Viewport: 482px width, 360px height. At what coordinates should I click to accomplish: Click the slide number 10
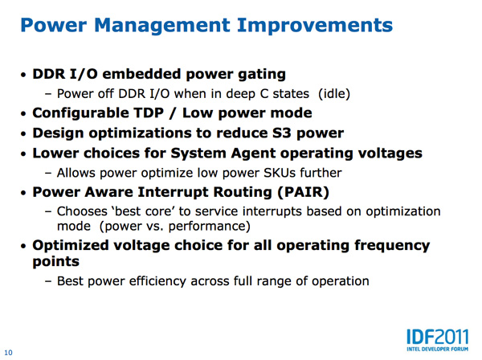pos(8,353)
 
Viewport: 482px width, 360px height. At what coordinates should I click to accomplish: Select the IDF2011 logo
pos(438,341)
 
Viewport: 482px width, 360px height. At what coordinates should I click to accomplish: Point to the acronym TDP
pos(149,112)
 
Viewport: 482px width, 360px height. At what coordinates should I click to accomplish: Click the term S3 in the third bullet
pos(282,133)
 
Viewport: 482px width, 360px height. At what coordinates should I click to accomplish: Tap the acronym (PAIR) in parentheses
pos(303,192)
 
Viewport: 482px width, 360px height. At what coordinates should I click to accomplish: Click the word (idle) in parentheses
pos(334,94)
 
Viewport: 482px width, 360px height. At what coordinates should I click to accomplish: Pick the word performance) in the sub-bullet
pos(210,227)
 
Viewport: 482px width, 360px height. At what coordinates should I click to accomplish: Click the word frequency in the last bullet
pos(392,246)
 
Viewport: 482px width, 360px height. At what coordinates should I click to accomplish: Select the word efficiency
pos(157,281)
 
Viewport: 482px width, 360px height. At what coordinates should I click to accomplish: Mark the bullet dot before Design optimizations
pos(23,134)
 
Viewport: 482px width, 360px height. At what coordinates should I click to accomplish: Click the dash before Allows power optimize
pos(48,173)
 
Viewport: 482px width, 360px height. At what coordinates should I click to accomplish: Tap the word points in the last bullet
pos(56,262)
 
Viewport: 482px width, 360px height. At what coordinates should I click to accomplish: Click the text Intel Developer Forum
pos(438,350)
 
